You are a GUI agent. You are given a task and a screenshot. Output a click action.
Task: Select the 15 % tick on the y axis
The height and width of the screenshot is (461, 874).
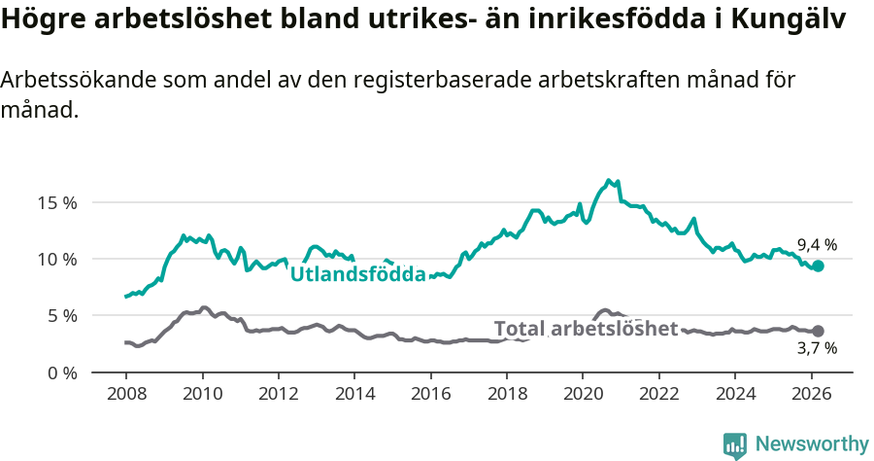coord(57,202)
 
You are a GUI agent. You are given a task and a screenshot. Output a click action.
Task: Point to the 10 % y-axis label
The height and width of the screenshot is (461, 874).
coord(57,259)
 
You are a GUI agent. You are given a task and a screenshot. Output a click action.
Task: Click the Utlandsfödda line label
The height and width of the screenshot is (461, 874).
coord(358,274)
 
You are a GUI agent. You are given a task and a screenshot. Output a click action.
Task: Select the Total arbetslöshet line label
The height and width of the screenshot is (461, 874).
coord(586,329)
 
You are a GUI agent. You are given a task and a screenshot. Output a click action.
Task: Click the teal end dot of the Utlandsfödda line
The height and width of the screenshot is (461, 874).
coord(818,266)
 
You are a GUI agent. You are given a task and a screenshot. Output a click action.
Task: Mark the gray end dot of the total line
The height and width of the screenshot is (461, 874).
coord(818,332)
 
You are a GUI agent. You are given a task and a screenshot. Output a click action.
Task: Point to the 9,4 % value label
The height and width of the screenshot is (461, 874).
coord(817,245)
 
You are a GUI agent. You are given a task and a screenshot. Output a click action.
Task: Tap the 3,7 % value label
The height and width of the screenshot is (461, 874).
coord(817,348)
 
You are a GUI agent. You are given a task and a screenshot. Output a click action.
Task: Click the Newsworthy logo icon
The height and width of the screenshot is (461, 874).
coord(735,445)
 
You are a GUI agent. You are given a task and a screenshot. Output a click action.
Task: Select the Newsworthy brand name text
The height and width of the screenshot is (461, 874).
coord(811,444)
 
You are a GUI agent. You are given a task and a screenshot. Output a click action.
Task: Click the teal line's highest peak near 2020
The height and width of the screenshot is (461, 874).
coord(609,181)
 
